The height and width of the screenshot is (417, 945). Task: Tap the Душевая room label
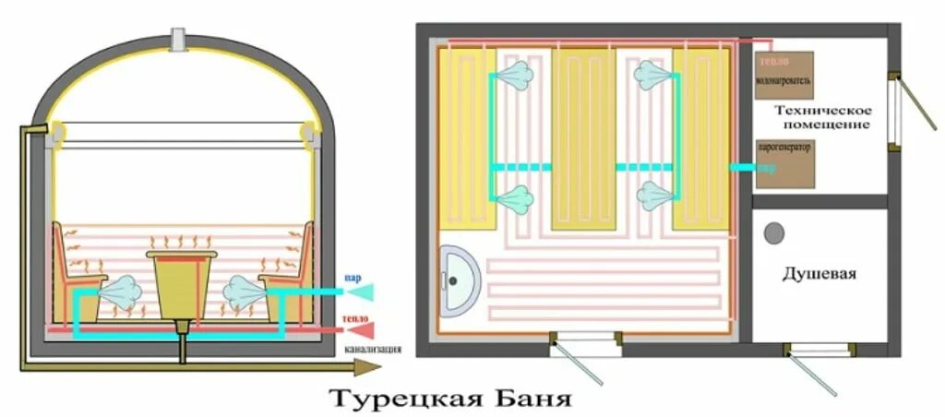tap(819, 274)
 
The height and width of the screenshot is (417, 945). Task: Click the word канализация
tap(373, 350)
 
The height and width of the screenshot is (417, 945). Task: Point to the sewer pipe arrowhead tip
tap(380, 366)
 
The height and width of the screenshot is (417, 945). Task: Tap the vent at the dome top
tap(179, 40)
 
